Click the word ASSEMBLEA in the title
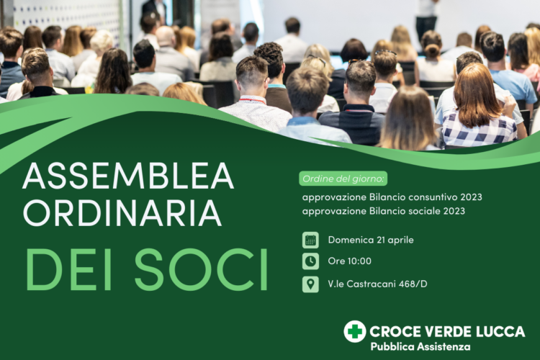point(128,176)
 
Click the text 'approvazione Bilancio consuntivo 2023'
point(392,197)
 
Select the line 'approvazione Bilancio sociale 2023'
point(383,211)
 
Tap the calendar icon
point(310,240)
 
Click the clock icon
point(310,261)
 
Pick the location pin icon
point(310,284)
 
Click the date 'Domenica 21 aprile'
point(370,240)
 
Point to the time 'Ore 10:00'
point(349,261)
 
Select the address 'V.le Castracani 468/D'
point(377,284)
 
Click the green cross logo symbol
point(354,331)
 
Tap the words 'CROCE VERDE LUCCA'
point(446,331)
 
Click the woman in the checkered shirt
point(478,112)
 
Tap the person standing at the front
point(426,18)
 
